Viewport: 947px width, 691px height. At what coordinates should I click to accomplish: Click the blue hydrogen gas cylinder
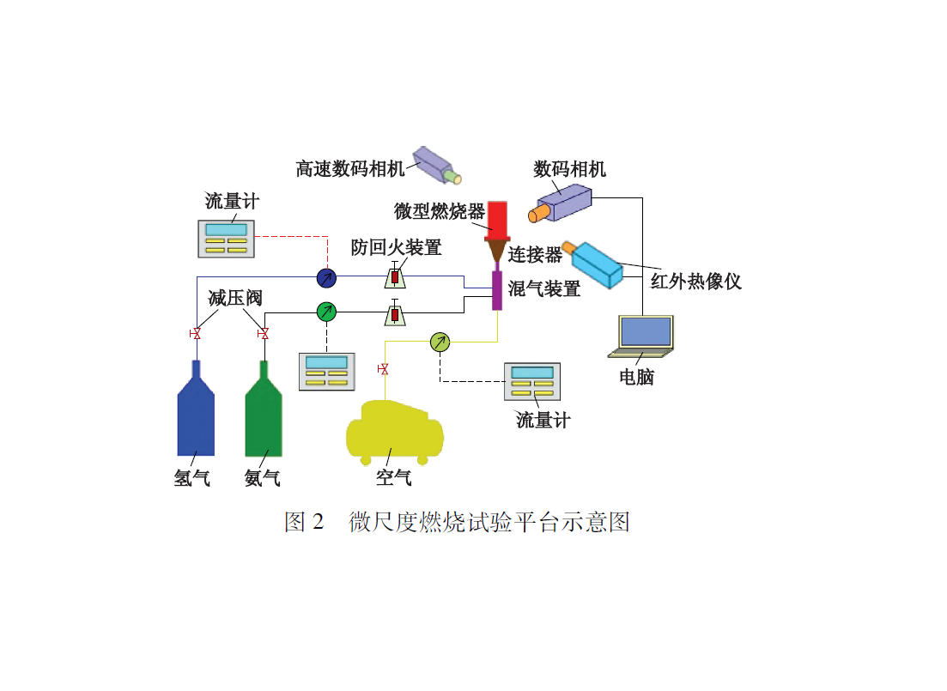point(196,416)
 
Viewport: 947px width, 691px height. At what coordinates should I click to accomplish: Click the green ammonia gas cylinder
point(264,416)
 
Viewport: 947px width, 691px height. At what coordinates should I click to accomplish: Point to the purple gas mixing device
point(496,290)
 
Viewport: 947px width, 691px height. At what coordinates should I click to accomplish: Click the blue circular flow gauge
point(326,277)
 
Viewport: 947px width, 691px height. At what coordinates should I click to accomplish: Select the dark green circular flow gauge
point(326,312)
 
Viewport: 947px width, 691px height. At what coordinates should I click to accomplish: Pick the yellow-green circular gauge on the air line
point(440,342)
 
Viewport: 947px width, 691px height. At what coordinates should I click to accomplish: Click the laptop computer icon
point(640,336)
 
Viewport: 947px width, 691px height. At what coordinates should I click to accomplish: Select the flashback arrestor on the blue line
point(395,276)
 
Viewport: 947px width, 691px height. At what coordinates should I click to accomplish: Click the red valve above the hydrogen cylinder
point(196,333)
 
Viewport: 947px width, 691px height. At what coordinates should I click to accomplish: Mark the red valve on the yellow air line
point(383,369)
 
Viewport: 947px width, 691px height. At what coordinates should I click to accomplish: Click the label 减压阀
point(234,298)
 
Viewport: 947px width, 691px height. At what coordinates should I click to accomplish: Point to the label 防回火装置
point(396,248)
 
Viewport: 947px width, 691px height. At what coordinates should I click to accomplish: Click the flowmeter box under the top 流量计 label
point(227,238)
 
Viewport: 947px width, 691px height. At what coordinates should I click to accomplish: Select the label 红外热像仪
point(695,281)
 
